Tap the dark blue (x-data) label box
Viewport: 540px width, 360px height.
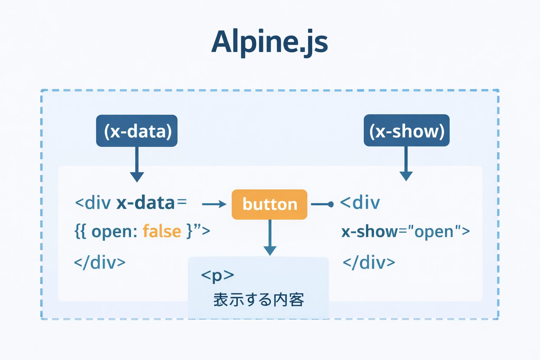point(137,131)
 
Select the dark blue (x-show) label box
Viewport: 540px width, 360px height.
point(406,130)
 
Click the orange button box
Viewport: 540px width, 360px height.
point(270,204)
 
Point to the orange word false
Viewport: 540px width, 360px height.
point(162,231)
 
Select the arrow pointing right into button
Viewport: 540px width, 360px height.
point(214,204)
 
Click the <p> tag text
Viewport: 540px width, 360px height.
point(217,275)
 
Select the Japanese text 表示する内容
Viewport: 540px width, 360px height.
point(258,300)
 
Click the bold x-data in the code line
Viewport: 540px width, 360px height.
point(145,203)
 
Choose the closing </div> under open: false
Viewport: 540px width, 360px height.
point(100,263)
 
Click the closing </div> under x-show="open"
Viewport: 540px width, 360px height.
point(369,263)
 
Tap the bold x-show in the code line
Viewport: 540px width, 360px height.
point(369,232)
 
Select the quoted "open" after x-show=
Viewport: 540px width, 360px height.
point(434,232)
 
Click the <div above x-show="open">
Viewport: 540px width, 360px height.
point(360,203)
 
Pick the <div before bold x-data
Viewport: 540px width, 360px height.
point(93,203)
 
